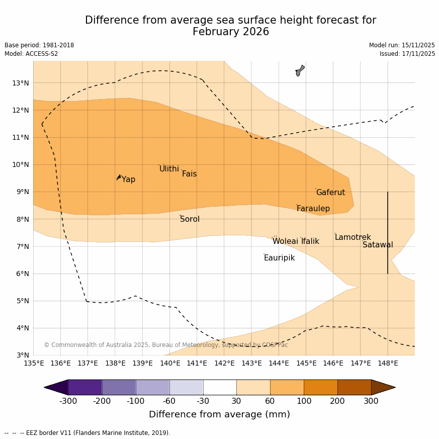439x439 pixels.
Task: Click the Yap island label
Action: click(128, 180)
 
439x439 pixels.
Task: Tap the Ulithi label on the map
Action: click(169, 169)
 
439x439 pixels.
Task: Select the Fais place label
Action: click(189, 174)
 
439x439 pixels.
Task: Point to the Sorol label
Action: click(190, 219)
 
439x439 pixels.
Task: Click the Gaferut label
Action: click(330, 193)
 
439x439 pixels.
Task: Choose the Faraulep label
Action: click(313, 209)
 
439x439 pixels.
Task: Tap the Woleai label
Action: click(285, 241)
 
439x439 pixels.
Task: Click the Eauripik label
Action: click(279, 258)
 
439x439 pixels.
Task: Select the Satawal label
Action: click(378, 245)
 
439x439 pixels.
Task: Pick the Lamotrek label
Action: click(353, 237)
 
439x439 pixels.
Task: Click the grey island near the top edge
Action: click(300, 70)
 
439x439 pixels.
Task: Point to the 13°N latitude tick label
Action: click(20, 83)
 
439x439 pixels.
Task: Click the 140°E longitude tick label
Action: click(169, 363)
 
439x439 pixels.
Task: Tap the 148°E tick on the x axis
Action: click(388, 363)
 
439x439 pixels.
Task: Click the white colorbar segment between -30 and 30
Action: click(220, 387)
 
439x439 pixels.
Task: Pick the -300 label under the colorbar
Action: click(68, 401)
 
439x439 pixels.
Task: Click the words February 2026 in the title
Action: click(231, 32)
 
